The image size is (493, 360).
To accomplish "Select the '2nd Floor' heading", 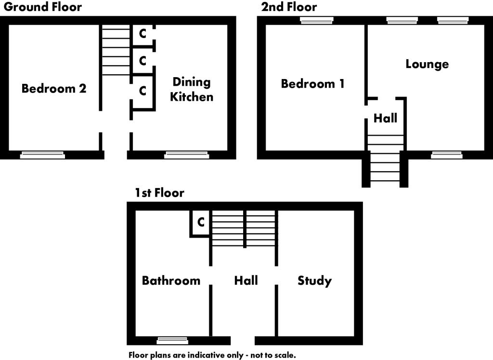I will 289,7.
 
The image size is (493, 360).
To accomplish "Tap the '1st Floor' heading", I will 160,193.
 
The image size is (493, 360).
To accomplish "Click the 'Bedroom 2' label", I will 54,89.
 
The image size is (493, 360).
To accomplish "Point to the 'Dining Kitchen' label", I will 192,89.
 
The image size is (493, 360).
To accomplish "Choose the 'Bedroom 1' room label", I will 312,84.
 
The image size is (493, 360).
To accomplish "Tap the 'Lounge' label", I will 427,64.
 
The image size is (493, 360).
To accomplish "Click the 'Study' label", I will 314,280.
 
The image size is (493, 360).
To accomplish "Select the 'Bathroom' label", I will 171,280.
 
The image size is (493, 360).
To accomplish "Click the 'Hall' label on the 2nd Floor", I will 385,118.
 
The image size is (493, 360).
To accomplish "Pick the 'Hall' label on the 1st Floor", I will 246,280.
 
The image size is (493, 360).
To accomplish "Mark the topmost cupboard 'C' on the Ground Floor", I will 143,34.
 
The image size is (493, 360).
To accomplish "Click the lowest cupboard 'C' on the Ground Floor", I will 143,91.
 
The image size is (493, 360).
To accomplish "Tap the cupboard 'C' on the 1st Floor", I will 201,222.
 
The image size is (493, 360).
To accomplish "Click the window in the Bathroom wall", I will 173,341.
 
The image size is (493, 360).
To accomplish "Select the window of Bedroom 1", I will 316,20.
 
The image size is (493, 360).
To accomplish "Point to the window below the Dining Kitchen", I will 187,155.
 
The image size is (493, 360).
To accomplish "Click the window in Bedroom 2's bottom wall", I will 42,155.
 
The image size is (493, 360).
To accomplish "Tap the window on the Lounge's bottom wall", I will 447,155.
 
